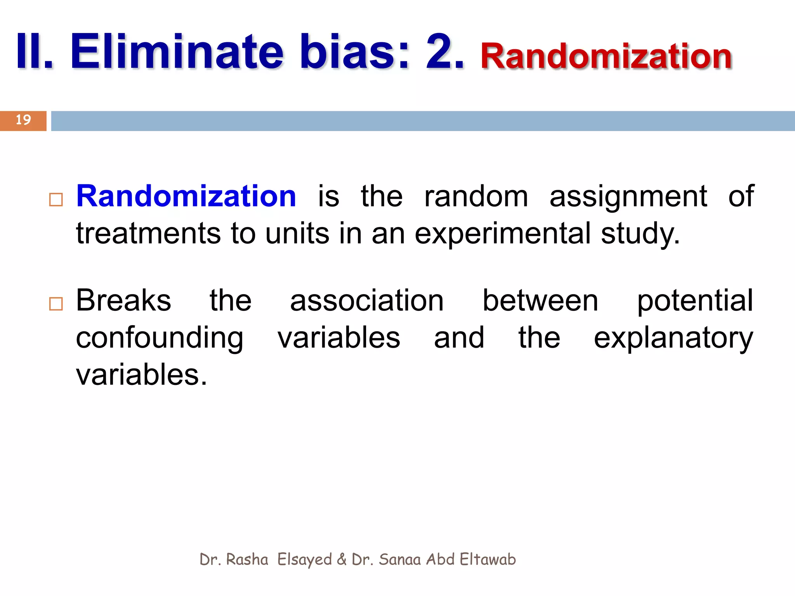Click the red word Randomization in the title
(606, 56)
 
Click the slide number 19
(23, 120)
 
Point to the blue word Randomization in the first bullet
(186, 196)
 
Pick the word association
(367, 301)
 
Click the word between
(540, 301)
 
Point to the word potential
(695, 301)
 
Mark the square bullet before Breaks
(56, 304)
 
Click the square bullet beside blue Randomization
(56, 200)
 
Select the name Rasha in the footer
(247, 560)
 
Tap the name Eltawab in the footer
(488, 560)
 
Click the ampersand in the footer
(342, 560)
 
